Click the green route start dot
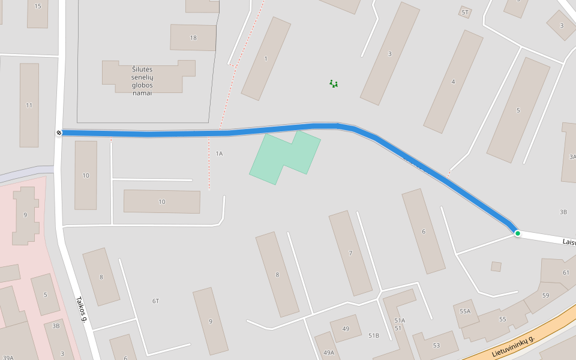pyautogui.click(x=517, y=233)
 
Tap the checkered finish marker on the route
pyautogui.click(x=59, y=133)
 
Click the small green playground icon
pyautogui.click(x=334, y=83)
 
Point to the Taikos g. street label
pyautogui.click(x=82, y=310)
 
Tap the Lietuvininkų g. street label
pyautogui.click(x=513, y=347)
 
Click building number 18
pyautogui.click(x=193, y=38)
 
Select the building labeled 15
pyautogui.click(x=38, y=6)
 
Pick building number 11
pyautogui.click(x=29, y=105)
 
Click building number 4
pyautogui.click(x=453, y=82)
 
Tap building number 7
pyautogui.click(x=350, y=253)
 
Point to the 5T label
pyautogui.click(x=465, y=12)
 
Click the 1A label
pyautogui.click(x=219, y=154)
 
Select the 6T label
pyautogui.click(x=156, y=301)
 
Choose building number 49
pyautogui.click(x=346, y=328)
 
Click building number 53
pyautogui.click(x=436, y=345)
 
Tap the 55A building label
pyautogui.click(x=465, y=311)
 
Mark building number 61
pyautogui.click(x=566, y=272)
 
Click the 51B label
pyautogui.click(x=374, y=335)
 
